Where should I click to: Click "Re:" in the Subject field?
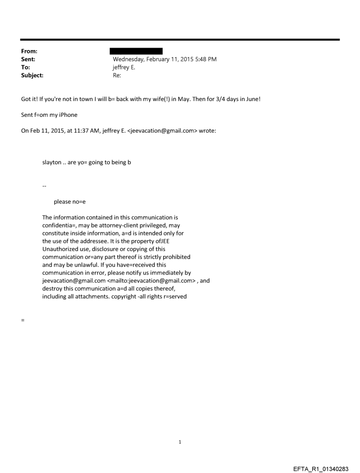tap(117, 75)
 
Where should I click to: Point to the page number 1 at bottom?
tap(180, 442)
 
